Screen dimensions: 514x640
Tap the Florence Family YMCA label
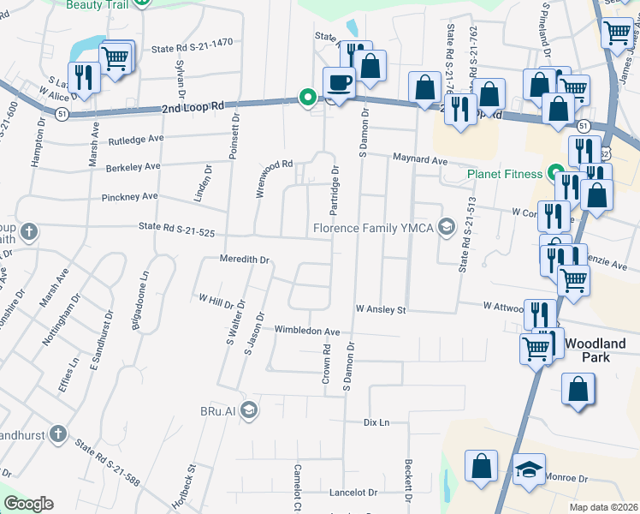[373, 228]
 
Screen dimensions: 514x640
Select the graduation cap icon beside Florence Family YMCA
[446, 227]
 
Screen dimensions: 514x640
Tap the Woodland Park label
[587, 350]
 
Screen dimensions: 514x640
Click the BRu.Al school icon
[248, 409]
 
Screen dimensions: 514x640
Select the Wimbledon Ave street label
[307, 331]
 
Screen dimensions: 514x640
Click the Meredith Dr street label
[245, 259]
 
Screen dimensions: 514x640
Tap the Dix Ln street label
[376, 422]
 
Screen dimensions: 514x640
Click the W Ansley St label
[381, 310]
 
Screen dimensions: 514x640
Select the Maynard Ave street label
[420, 160]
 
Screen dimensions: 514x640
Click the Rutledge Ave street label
[136, 139]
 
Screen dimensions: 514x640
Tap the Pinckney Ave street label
[132, 196]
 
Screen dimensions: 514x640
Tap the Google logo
[29, 504]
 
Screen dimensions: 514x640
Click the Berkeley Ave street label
[133, 166]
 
